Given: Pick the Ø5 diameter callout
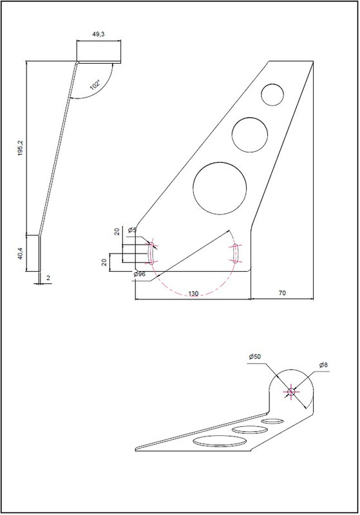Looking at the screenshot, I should (x=132, y=230).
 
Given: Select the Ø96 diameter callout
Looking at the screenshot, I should (x=138, y=275).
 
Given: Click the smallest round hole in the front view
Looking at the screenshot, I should (x=273, y=94).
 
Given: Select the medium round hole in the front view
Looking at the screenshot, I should (x=251, y=134).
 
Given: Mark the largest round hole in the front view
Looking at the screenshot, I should (x=220, y=188).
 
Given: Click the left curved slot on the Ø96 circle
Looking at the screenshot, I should (x=151, y=253).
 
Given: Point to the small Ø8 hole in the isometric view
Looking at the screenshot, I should (x=291, y=391).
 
